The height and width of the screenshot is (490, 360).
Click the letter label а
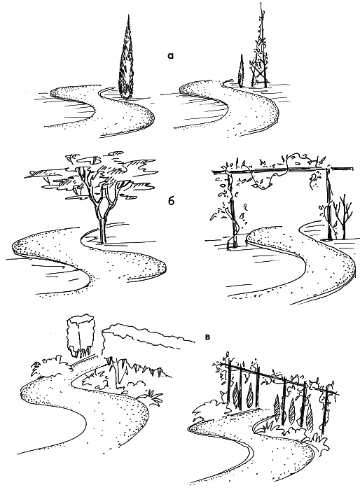click(x=170, y=56)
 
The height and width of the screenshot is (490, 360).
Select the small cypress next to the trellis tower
click(x=241, y=71)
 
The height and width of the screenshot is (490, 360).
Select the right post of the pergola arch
click(x=328, y=204)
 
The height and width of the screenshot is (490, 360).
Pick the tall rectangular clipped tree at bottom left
click(x=81, y=337)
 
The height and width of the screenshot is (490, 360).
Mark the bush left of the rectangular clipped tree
click(x=50, y=365)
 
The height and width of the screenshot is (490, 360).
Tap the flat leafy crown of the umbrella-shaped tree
click(x=94, y=176)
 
